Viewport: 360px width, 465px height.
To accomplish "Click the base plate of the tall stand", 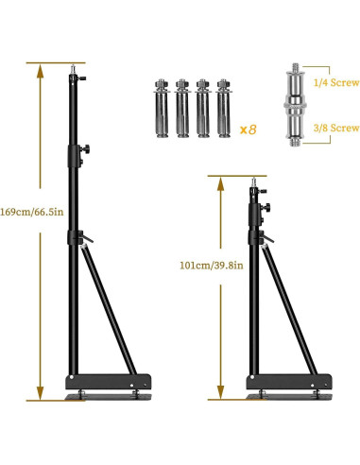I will [106, 383].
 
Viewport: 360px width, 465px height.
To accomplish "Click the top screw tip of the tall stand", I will [73, 67].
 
